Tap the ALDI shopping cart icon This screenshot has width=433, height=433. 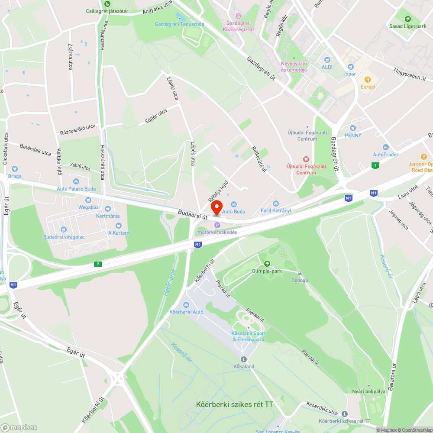click(327, 59)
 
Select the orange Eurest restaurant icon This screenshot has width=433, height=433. click(368, 79)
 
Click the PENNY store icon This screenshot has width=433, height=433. click(353, 128)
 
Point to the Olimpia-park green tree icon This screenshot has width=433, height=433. click(267, 263)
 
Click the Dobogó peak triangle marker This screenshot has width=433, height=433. click(300, 273)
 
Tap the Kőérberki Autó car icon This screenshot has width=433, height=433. click(186, 304)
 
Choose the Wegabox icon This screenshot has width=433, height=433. click(88, 200)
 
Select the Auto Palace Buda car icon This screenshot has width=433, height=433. click(76, 181)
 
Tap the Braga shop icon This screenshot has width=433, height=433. click(14, 169)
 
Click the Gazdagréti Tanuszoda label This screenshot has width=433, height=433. click(179, 24)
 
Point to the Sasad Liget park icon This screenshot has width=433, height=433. click(407, 19)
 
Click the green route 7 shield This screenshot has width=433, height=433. click(98, 264)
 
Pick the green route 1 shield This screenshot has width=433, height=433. click(375, 165)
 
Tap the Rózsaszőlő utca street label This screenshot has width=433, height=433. click(78, 129)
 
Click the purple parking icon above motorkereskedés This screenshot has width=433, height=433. click(217, 225)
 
